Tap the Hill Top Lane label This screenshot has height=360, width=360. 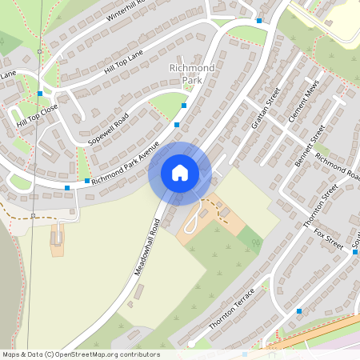(123, 62)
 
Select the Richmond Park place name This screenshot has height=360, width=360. (192, 74)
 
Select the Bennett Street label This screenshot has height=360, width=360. (310, 145)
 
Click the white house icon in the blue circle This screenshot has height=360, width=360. (180, 172)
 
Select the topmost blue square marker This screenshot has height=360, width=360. (259, 21)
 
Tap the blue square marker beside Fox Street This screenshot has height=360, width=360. (355, 251)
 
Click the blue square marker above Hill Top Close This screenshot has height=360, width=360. (40, 94)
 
